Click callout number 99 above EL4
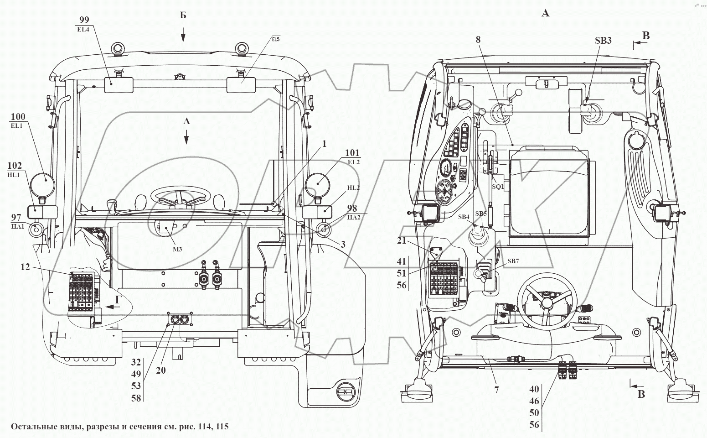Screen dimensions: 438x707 [84, 20]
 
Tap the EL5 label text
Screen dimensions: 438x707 [276, 39]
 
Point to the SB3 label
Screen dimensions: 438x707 [603, 41]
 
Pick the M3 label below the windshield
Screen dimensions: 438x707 [177, 249]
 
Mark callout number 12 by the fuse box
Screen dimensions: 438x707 [25, 266]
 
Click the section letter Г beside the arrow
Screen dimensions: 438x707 [118, 299]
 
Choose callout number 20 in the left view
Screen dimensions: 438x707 [161, 370]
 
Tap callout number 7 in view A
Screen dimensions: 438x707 [496, 390]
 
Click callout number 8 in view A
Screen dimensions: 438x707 [478, 40]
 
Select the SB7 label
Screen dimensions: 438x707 [513, 261]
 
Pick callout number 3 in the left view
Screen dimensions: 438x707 [343, 245]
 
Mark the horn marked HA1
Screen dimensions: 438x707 [36, 229]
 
